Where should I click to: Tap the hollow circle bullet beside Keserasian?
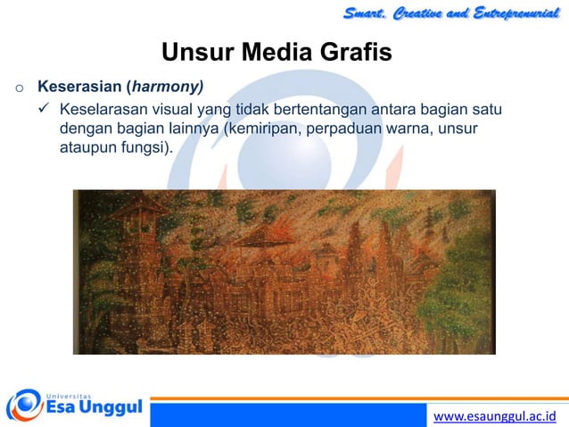(x=17, y=88)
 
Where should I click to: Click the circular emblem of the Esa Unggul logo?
(x=24, y=404)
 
